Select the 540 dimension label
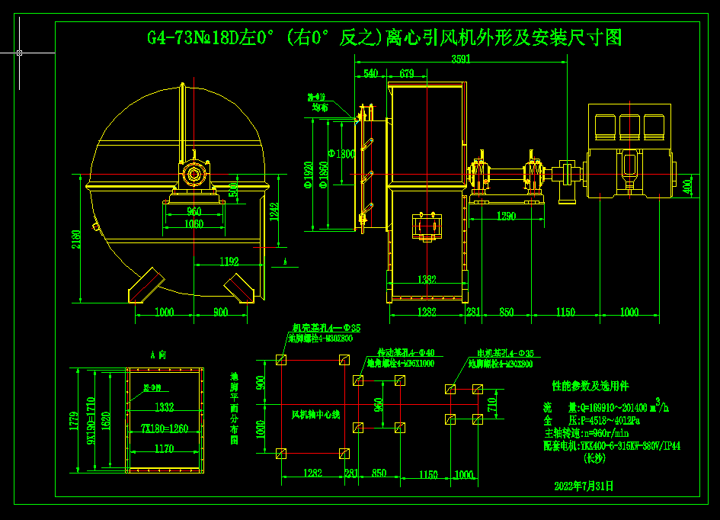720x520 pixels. [370, 74]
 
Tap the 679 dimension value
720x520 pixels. [406, 74]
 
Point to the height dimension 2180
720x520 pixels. [77, 240]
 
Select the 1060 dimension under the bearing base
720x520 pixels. [194, 223]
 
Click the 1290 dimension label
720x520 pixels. [506, 217]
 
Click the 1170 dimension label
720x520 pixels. [165, 449]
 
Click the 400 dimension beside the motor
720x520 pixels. [687, 185]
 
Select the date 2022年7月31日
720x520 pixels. [584, 485]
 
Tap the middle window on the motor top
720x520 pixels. [629, 124]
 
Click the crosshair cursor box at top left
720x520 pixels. [19, 53]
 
